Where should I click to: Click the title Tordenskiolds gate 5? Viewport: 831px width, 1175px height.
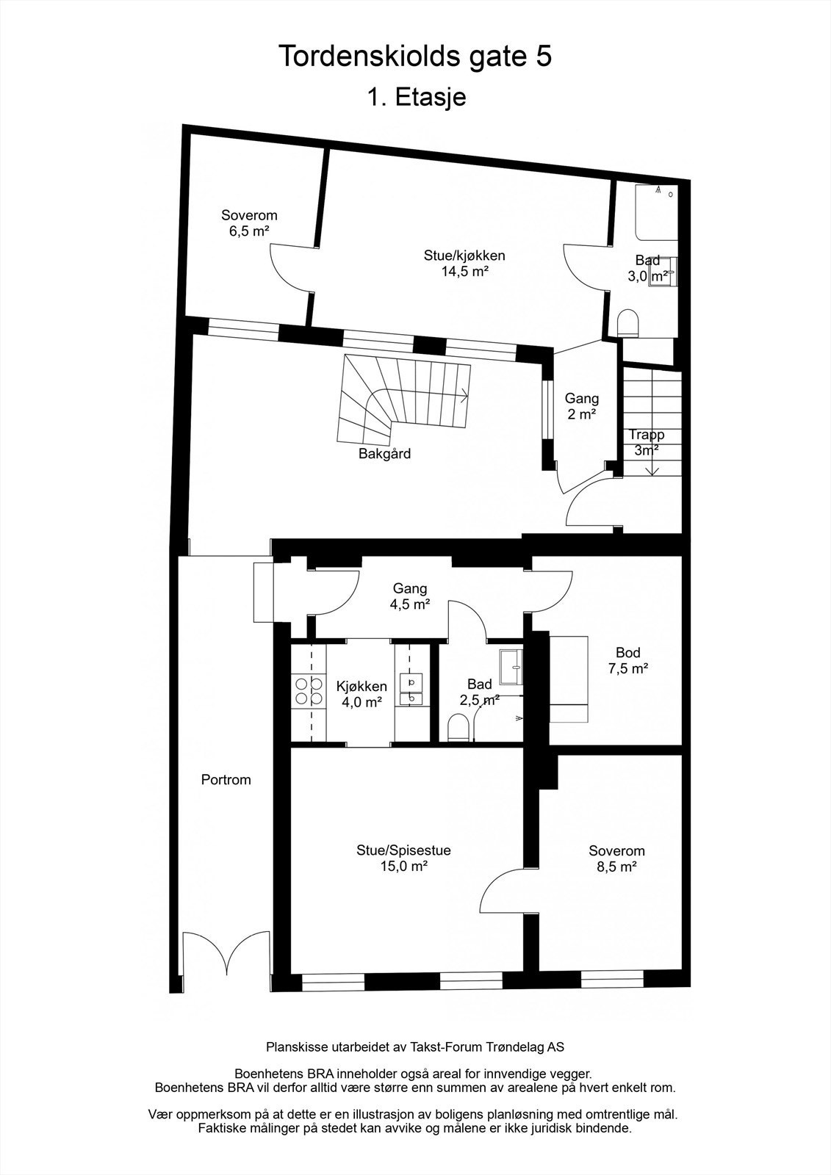click(415, 57)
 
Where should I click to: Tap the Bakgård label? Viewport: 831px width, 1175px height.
click(384, 454)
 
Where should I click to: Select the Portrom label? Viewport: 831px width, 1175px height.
click(226, 780)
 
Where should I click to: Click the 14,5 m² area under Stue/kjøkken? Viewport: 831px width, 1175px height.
click(464, 271)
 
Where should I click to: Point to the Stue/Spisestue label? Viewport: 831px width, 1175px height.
click(403, 850)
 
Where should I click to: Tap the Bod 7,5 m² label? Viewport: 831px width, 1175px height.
click(627, 660)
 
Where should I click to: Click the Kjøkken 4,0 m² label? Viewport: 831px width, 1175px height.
click(361, 694)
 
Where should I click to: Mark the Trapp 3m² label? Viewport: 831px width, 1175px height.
click(646, 442)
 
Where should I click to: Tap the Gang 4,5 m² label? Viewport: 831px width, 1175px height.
click(410, 596)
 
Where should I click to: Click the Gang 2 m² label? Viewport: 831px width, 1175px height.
click(581, 406)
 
